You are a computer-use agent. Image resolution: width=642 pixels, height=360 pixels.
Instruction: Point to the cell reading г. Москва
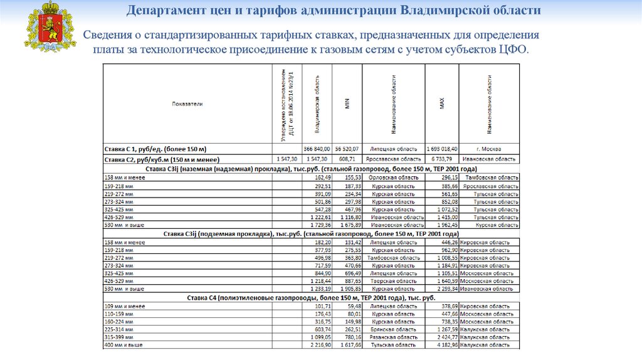(x=489, y=149)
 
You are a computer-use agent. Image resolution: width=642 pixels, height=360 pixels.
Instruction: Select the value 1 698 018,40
(x=442, y=149)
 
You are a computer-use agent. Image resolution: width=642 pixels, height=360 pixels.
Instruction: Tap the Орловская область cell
(x=393, y=177)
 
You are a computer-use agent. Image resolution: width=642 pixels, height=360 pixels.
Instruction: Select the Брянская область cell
(x=393, y=329)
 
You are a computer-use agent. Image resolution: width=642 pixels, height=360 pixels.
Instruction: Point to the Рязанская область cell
(x=393, y=337)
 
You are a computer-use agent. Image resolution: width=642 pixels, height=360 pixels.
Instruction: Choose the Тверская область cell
(x=393, y=281)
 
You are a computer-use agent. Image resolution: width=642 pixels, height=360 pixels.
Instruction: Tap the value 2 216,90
(x=319, y=346)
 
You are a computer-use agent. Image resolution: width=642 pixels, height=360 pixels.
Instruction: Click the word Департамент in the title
(x=162, y=11)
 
